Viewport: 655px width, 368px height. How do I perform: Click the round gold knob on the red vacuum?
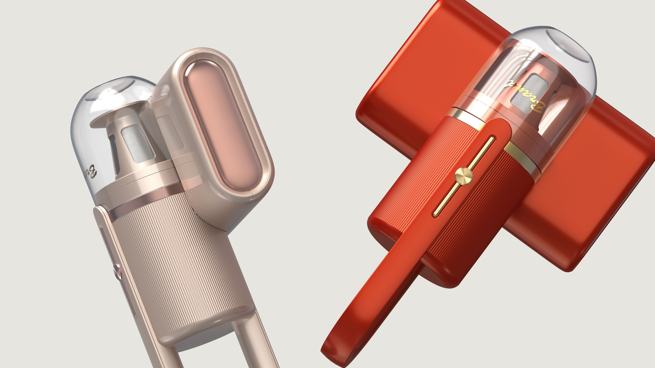[x=464, y=175]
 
